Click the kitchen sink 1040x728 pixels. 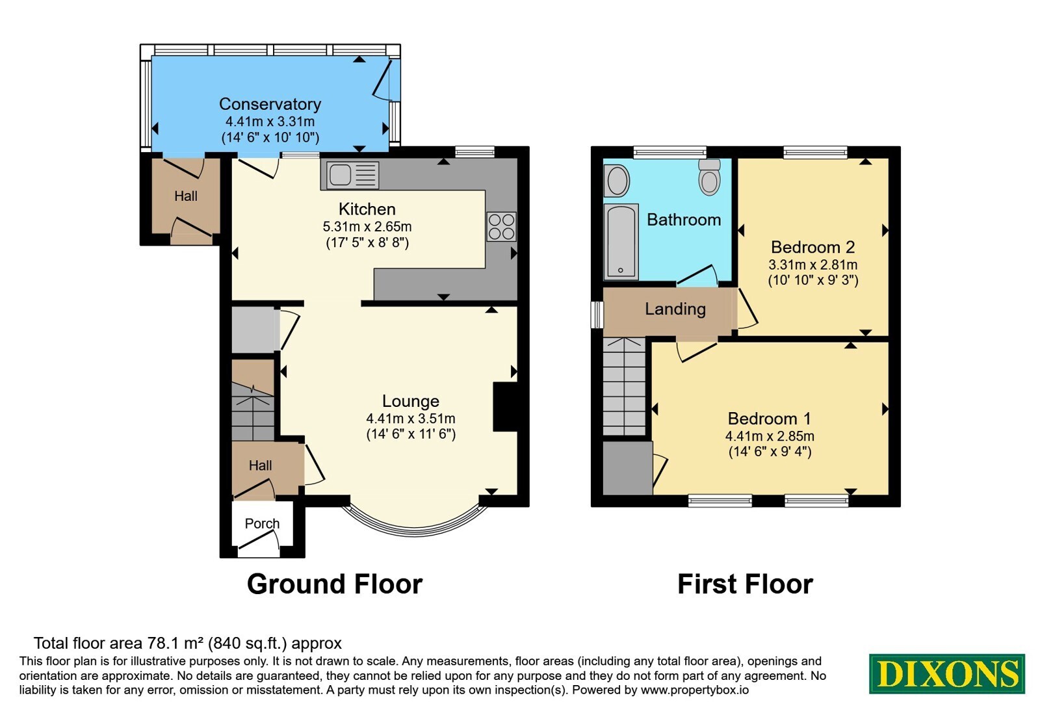[352, 175]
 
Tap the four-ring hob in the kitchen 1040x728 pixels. [501, 227]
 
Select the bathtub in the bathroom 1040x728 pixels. [621, 242]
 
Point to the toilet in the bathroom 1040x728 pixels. [709, 177]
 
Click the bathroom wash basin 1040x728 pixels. [617, 181]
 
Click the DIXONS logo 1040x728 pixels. [946, 673]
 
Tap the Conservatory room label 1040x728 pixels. [270, 104]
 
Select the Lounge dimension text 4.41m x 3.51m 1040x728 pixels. [410, 419]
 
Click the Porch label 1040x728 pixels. [262, 523]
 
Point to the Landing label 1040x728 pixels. [675, 309]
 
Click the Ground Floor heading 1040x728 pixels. [335, 584]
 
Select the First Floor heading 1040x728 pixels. [745, 584]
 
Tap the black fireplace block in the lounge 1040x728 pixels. [505, 407]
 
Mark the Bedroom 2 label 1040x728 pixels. [812, 247]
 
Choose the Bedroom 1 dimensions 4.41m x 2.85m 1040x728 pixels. [770, 436]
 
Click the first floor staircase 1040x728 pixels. [625, 386]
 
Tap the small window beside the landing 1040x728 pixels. [597, 315]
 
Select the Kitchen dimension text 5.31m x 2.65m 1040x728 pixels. [367, 227]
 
